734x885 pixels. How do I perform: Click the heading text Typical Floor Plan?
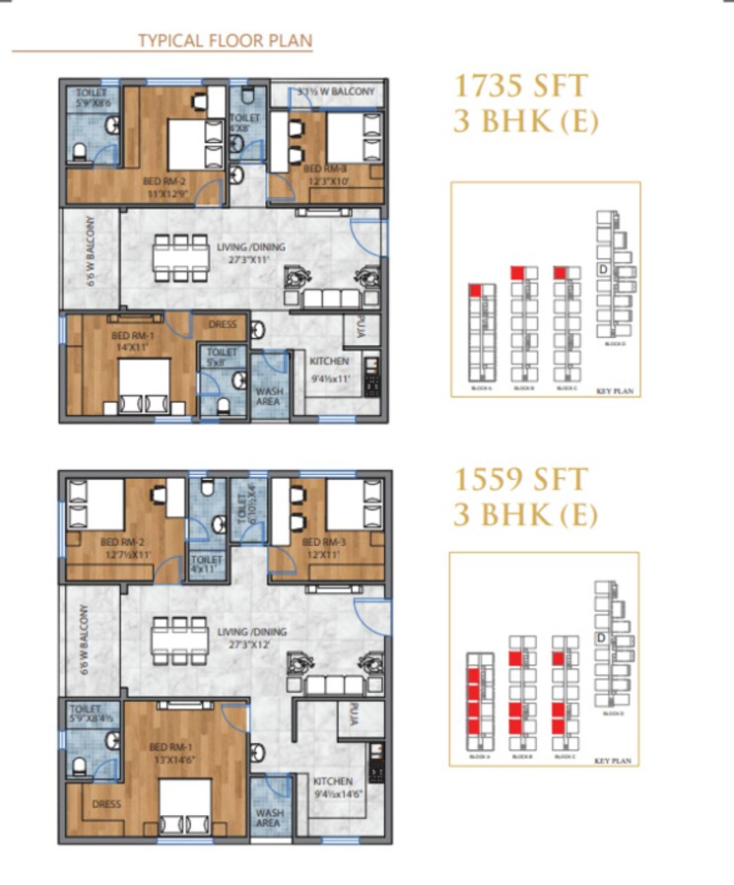pos(225,40)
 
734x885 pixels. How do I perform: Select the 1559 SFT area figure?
pos(521,481)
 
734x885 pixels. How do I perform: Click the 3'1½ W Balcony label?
pos(337,93)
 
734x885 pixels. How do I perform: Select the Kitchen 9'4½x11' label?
pos(329,368)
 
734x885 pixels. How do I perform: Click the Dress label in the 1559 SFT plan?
pos(106,804)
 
